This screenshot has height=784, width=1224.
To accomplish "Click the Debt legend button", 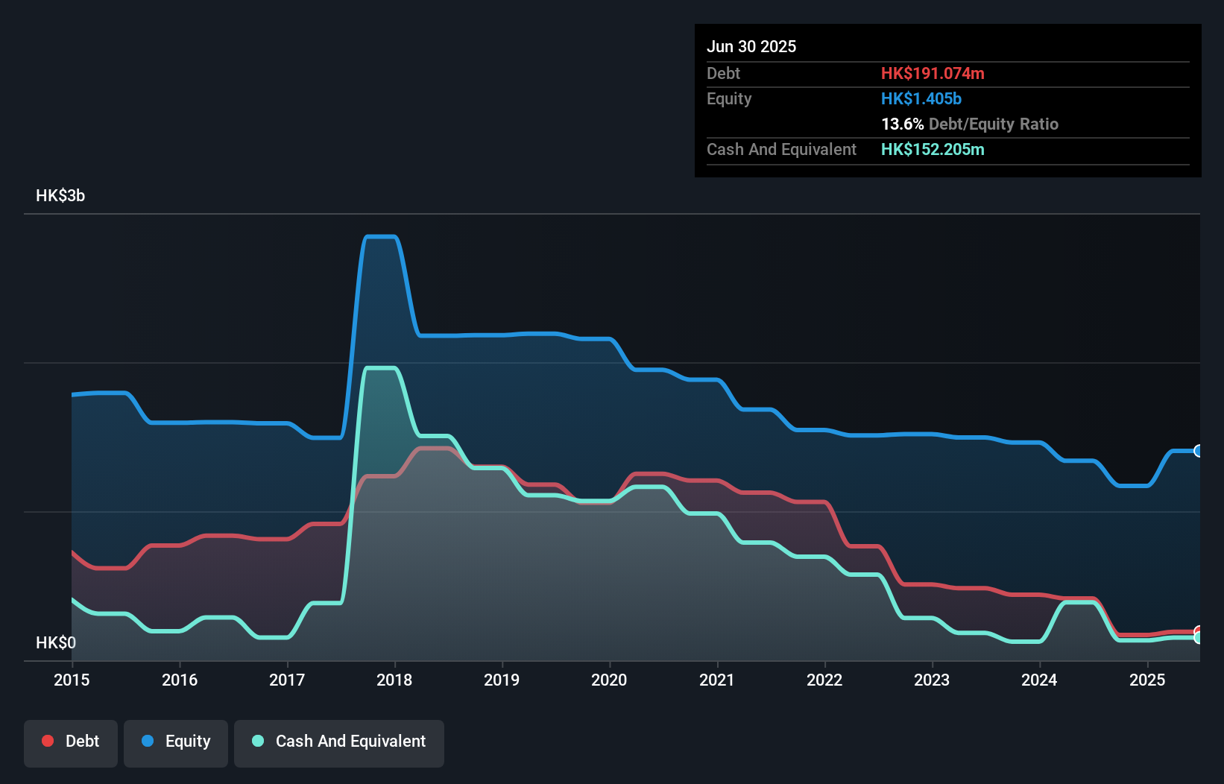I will (x=71, y=742).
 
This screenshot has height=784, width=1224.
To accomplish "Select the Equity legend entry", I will (x=176, y=742).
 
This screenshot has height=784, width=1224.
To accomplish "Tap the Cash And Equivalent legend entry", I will (x=339, y=742).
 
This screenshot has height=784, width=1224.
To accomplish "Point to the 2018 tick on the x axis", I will (x=394, y=680).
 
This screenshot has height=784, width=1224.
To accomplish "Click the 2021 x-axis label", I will (x=716, y=680).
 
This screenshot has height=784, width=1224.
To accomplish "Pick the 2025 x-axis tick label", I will (x=1146, y=680).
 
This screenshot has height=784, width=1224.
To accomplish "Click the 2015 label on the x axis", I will (x=72, y=680).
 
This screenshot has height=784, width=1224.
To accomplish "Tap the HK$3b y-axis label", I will (x=60, y=196).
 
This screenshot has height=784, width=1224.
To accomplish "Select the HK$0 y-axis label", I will (x=56, y=642).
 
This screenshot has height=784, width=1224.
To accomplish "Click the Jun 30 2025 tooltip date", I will (x=751, y=47).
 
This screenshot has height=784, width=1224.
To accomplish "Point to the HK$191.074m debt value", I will (x=933, y=74).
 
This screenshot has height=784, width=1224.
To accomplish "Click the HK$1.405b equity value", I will (x=921, y=99).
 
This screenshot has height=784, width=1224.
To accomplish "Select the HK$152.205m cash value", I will (x=933, y=150).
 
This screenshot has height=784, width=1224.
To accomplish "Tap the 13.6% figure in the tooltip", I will (x=902, y=124).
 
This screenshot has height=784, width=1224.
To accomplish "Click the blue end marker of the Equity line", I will (x=1198, y=451).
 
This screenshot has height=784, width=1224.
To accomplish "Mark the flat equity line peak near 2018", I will (x=380, y=237).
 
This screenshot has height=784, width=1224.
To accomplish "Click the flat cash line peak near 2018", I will (x=380, y=368).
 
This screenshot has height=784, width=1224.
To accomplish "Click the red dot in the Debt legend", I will (x=48, y=741).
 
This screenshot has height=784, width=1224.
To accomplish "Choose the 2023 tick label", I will (x=932, y=680).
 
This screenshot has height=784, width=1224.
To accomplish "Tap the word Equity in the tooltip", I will (x=729, y=99).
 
